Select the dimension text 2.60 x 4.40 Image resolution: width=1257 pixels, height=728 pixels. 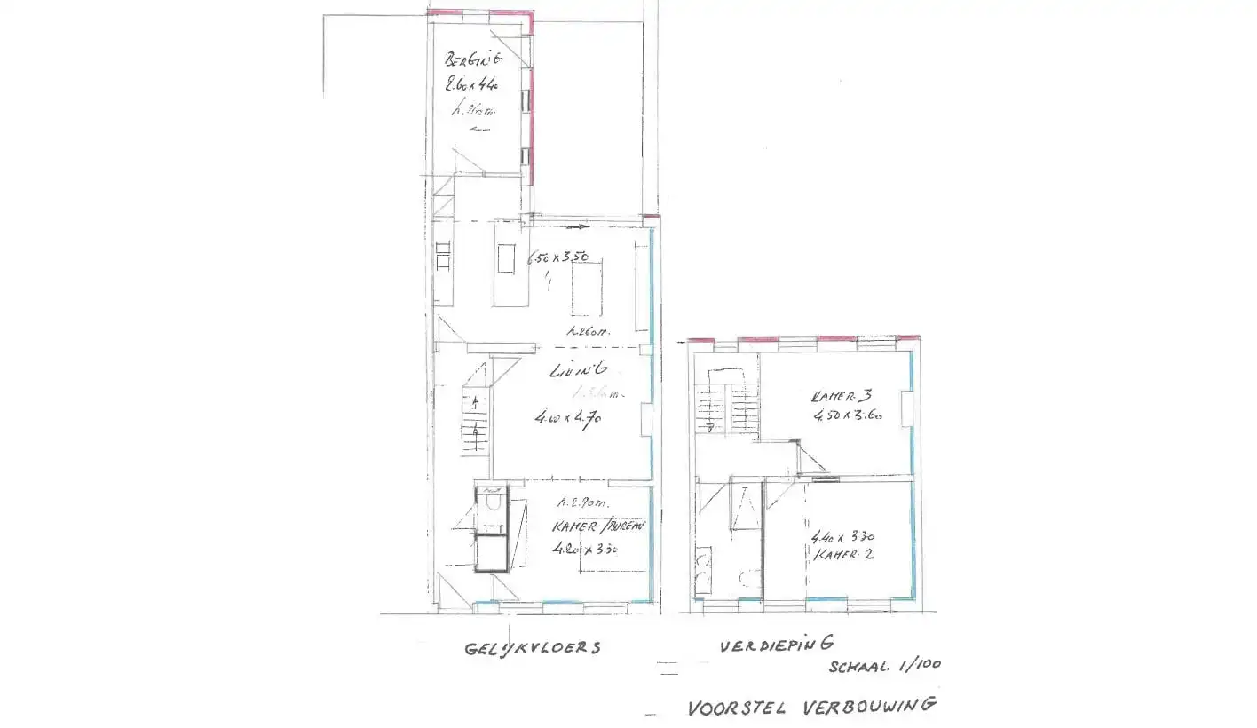[475, 86]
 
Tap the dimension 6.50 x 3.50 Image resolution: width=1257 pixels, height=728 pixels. [558, 258]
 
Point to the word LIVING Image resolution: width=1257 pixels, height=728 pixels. [578, 371]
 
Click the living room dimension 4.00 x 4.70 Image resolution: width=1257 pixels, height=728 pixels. [568, 415]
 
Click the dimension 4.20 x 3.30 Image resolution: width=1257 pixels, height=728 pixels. [584, 549]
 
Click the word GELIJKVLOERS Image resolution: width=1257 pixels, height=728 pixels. [532, 648]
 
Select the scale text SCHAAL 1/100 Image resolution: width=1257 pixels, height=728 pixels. [885, 665]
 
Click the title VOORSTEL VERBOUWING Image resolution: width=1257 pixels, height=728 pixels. [811, 708]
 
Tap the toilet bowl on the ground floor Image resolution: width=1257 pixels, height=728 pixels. [489, 504]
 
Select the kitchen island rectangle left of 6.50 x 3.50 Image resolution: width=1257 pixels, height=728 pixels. [507, 260]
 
